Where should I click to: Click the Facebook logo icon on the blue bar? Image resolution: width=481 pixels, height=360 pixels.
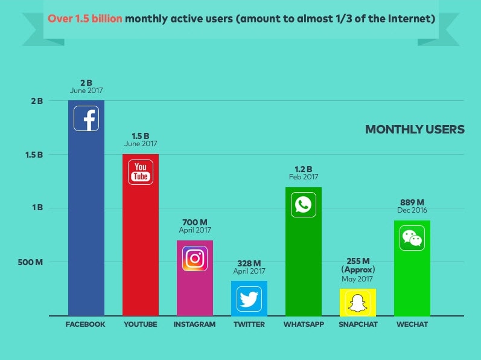pyautogui.click(x=86, y=118)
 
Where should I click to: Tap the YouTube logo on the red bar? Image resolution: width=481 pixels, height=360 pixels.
pyautogui.click(x=141, y=172)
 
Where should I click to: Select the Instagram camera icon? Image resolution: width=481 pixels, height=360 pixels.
pyautogui.click(x=194, y=259)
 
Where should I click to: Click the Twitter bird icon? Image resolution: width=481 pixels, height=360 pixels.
pyautogui.click(x=249, y=298)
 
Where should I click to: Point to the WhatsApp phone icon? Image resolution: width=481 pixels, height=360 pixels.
pyautogui.click(x=303, y=205)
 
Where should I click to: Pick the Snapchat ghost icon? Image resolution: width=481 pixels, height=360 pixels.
pyautogui.click(x=357, y=303)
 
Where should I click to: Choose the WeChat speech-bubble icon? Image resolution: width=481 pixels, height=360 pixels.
pyautogui.click(x=412, y=238)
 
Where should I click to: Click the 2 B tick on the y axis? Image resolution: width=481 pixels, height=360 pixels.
pyautogui.click(x=37, y=101)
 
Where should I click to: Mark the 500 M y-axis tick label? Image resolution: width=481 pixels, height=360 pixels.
pyautogui.click(x=30, y=262)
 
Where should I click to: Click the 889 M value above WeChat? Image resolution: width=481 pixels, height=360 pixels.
pyautogui.click(x=412, y=202)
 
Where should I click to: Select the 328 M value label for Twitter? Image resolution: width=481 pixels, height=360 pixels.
pyautogui.click(x=249, y=263)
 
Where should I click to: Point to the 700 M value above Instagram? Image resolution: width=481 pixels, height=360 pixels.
pyautogui.click(x=194, y=222)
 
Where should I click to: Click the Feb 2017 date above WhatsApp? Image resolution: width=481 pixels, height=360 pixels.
pyautogui.click(x=303, y=177)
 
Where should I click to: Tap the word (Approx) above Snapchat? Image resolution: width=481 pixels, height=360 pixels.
pyautogui.click(x=358, y=269)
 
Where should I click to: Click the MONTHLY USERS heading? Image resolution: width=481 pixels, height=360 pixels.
pyautogui.click(x=415, y=129)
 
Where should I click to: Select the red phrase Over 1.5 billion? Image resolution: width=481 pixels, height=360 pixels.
pyautogui.click(x=84, y=19)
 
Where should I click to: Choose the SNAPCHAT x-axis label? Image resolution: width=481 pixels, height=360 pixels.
pyautogui.click(x=358, y=324)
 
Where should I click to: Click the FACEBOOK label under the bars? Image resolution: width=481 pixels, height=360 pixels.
pyautogui.click(x=85, y=324)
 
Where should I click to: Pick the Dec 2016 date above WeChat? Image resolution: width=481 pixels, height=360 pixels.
pyautogui.click(x=412, y=210)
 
